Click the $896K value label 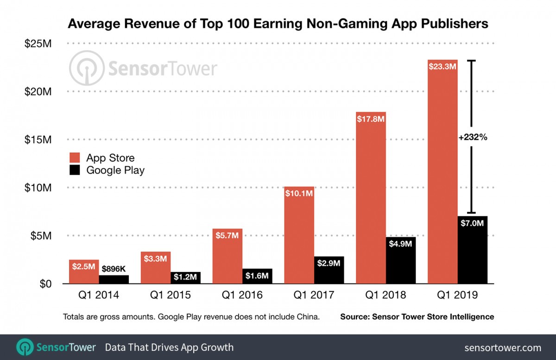point(114,268)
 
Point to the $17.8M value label point(371,119)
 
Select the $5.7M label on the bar point(227,236)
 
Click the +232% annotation point(473,138)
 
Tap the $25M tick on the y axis point(38,44)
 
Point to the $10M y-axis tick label point(38,188)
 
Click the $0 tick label point(44,284)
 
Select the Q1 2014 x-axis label point(99,295)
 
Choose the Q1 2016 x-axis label point(242,295)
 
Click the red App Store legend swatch point(75,158)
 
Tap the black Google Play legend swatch point(75,170)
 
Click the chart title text point(278,24)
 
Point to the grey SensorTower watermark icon point(87,69)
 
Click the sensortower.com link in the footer point(502,347)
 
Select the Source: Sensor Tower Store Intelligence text point(417,317)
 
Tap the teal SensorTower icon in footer point(25,347)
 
